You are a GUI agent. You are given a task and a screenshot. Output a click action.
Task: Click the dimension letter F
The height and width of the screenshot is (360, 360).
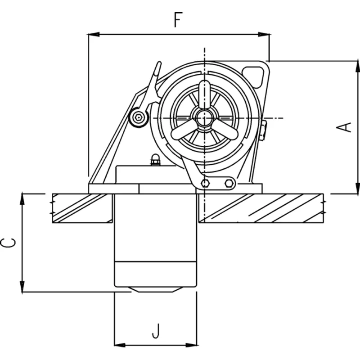tap(179, 20)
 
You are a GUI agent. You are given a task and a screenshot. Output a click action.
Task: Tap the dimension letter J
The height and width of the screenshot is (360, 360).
tap(156, 332)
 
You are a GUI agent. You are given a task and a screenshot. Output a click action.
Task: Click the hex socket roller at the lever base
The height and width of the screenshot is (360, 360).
tap(139, 118)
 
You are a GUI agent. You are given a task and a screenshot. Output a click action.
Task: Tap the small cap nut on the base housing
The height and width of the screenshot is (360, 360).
tap(155, 160)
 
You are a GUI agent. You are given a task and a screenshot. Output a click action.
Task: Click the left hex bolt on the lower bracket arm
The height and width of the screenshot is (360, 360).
tap(206, 183)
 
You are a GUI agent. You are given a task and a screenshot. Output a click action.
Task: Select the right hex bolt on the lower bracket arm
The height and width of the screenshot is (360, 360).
tap(229, 183)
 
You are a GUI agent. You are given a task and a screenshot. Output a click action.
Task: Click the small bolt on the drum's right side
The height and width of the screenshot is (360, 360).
tap(263, 130)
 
